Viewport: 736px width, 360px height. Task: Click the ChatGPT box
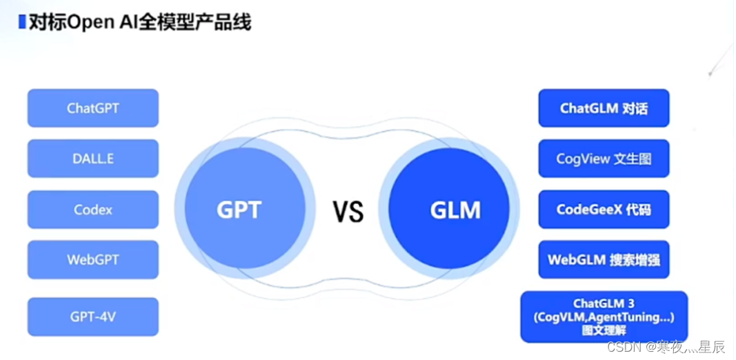pyautogui.click(x=93, y=108)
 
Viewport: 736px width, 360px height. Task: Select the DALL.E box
pyautogui.click(x=93, y=159)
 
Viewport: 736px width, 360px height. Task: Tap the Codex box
pyautogui.click(x=93, y=210)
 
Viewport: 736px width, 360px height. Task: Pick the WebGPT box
pyautogui.click(x=93, y=260)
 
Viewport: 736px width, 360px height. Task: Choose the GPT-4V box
pyautogui.click(x=93, y=317)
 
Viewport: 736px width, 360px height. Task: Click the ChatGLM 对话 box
pyautogui.click(x=604, y=108)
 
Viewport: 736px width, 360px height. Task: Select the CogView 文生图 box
pyautogui.click(x=604, y=159)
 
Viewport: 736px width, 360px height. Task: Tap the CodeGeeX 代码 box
pyautogui.click(x=604, y=210)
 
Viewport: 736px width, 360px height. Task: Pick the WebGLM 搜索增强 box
pyautogui.click(x=604, y=260)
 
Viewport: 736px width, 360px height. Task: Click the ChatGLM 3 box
pyautogui.click(x=604, y=304)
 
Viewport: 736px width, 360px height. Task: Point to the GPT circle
pyautogui.click(x=239, y=210)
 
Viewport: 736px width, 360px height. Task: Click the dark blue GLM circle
pyautogui.click(x=455, y=210)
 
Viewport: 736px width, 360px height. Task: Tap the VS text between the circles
pyautogui.click(x=348, y=212)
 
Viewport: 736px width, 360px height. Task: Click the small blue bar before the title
pyautogui.click(x=22, y=21)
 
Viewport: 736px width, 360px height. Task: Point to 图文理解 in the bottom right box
pyautogui.click(x=604, y=330)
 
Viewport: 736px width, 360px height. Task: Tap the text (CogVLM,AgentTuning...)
pyautogui.click(x=604, y=317)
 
